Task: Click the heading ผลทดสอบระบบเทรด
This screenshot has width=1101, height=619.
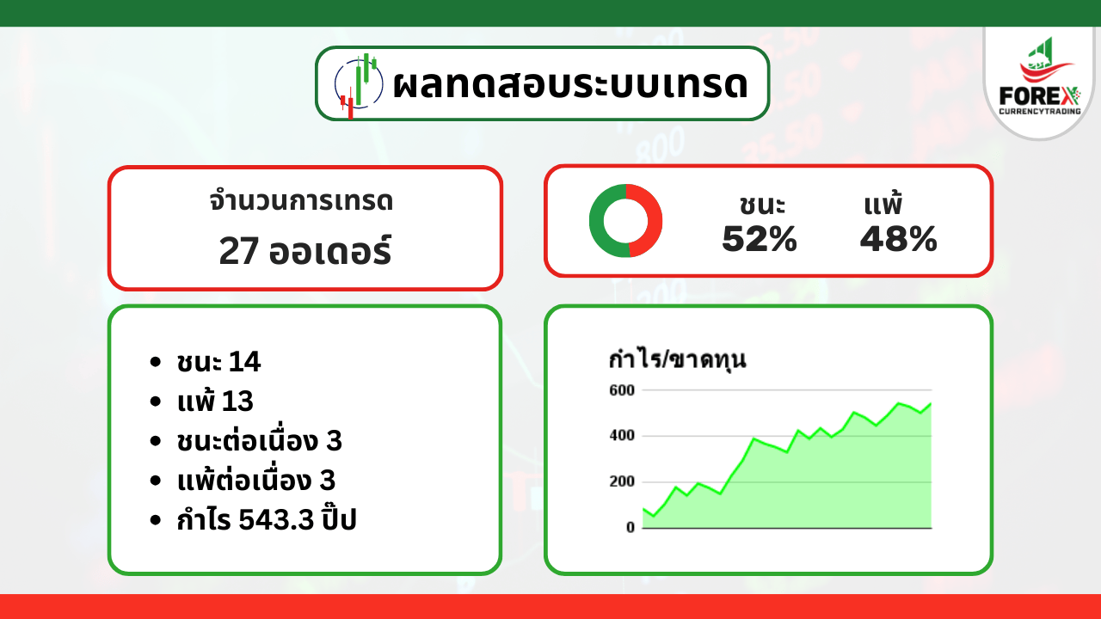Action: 570,83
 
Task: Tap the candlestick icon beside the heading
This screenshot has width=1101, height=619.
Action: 359,85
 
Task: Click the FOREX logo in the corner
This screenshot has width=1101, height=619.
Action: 1040,77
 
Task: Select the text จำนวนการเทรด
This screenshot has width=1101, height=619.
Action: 301,201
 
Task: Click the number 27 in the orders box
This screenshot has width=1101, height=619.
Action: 239,251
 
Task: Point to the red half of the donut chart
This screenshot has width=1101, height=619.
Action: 654,221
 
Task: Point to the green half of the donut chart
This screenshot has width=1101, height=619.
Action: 598,221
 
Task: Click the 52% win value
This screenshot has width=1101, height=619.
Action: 760,239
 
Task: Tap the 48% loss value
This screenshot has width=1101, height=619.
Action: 899,239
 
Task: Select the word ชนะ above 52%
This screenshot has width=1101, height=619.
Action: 762,205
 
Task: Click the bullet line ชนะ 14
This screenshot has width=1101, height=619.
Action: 218,362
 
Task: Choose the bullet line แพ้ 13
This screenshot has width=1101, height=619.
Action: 215,401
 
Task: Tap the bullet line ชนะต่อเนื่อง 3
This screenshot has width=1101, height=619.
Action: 260,439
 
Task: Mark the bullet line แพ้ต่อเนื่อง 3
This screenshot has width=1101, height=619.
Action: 256,479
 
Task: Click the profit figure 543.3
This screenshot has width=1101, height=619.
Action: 276,519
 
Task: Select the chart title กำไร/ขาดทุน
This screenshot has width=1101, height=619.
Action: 677,359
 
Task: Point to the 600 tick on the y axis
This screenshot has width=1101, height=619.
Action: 622,390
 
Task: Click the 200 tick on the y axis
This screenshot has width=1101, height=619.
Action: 622,481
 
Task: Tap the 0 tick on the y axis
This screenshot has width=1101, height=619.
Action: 630,528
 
